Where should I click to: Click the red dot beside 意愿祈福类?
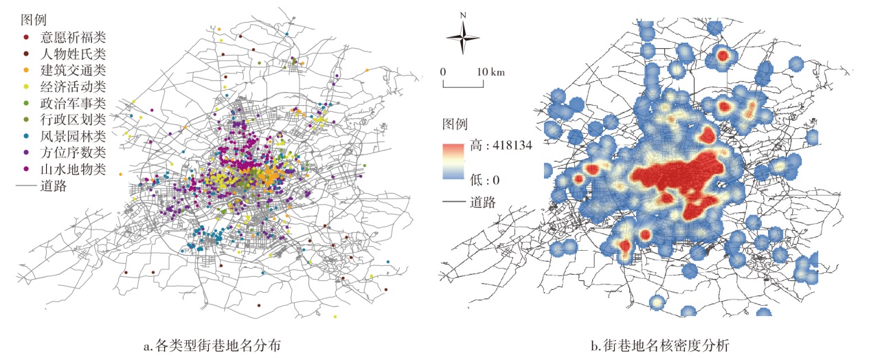coord(26,36)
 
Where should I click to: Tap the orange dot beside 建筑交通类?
coord(26,70)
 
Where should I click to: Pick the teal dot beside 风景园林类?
coord(26,137)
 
